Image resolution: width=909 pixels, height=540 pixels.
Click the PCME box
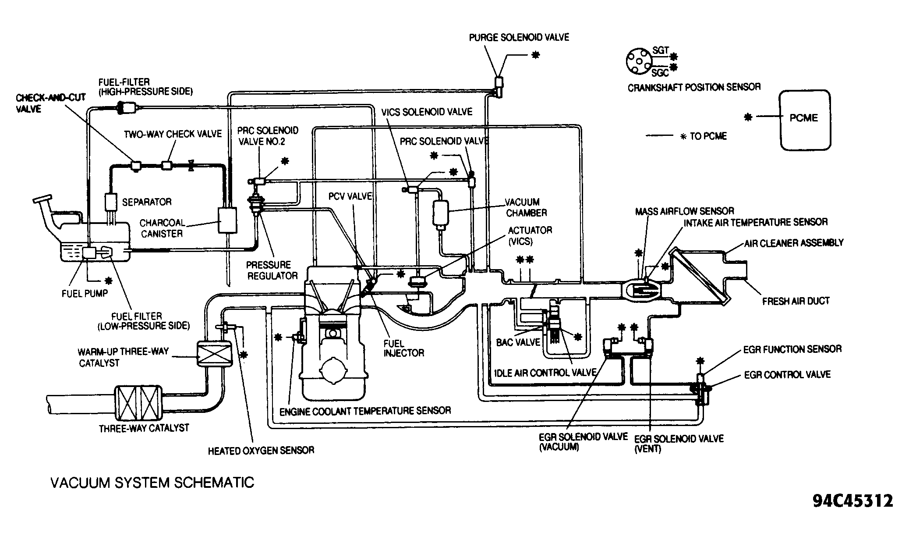(805, 120)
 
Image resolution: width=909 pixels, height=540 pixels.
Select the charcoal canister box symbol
(227, 220)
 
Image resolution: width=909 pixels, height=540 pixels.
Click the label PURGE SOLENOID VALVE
(519, 38)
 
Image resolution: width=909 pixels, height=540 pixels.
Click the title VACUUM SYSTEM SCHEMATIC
(152, 483)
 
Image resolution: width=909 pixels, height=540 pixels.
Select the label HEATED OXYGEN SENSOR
(261, 450)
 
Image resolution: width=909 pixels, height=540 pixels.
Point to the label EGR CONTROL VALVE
(787, 375)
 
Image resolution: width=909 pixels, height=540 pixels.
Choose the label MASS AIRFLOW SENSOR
(685, 212)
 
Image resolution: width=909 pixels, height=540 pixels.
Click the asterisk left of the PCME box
(748, 117)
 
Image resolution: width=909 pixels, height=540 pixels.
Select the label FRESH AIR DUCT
(796, 301)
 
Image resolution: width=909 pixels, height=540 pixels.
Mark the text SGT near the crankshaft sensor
(661, 51)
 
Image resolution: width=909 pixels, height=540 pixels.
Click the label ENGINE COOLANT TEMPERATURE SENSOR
(365, 411)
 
